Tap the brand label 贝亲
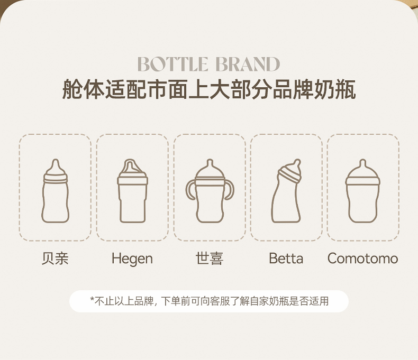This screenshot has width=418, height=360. tap(55, 259)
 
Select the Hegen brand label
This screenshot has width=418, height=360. tap(132, 259)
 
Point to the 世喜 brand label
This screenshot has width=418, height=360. tap(209, 259)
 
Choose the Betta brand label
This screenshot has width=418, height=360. tap(286, 259)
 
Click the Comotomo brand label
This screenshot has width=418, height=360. tap(362, 259)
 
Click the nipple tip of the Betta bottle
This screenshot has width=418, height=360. tap(297, 162)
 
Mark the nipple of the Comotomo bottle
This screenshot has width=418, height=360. tap(362, 165)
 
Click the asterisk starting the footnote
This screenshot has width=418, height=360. tap(92, 300)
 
